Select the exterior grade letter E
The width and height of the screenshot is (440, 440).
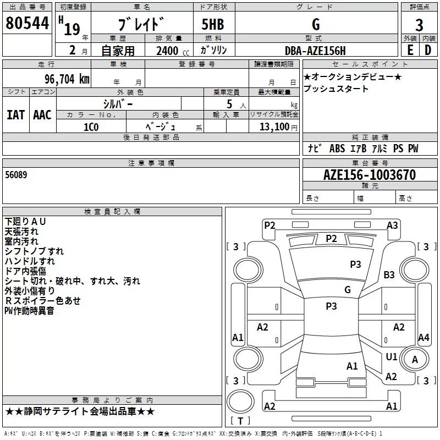[410, 50]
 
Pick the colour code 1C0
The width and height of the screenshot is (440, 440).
[91, 126]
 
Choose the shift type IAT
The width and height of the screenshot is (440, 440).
[15, 115]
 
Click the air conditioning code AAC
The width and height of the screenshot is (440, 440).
[42, 115]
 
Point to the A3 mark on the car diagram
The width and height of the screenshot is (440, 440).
[392, 225]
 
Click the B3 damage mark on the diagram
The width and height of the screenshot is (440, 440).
[389, 274]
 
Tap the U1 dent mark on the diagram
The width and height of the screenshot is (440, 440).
[392, 357]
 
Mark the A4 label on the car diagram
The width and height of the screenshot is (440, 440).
[424, 338]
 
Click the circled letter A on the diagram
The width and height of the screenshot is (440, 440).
[415, 360]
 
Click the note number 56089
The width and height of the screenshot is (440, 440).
[16, 174]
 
